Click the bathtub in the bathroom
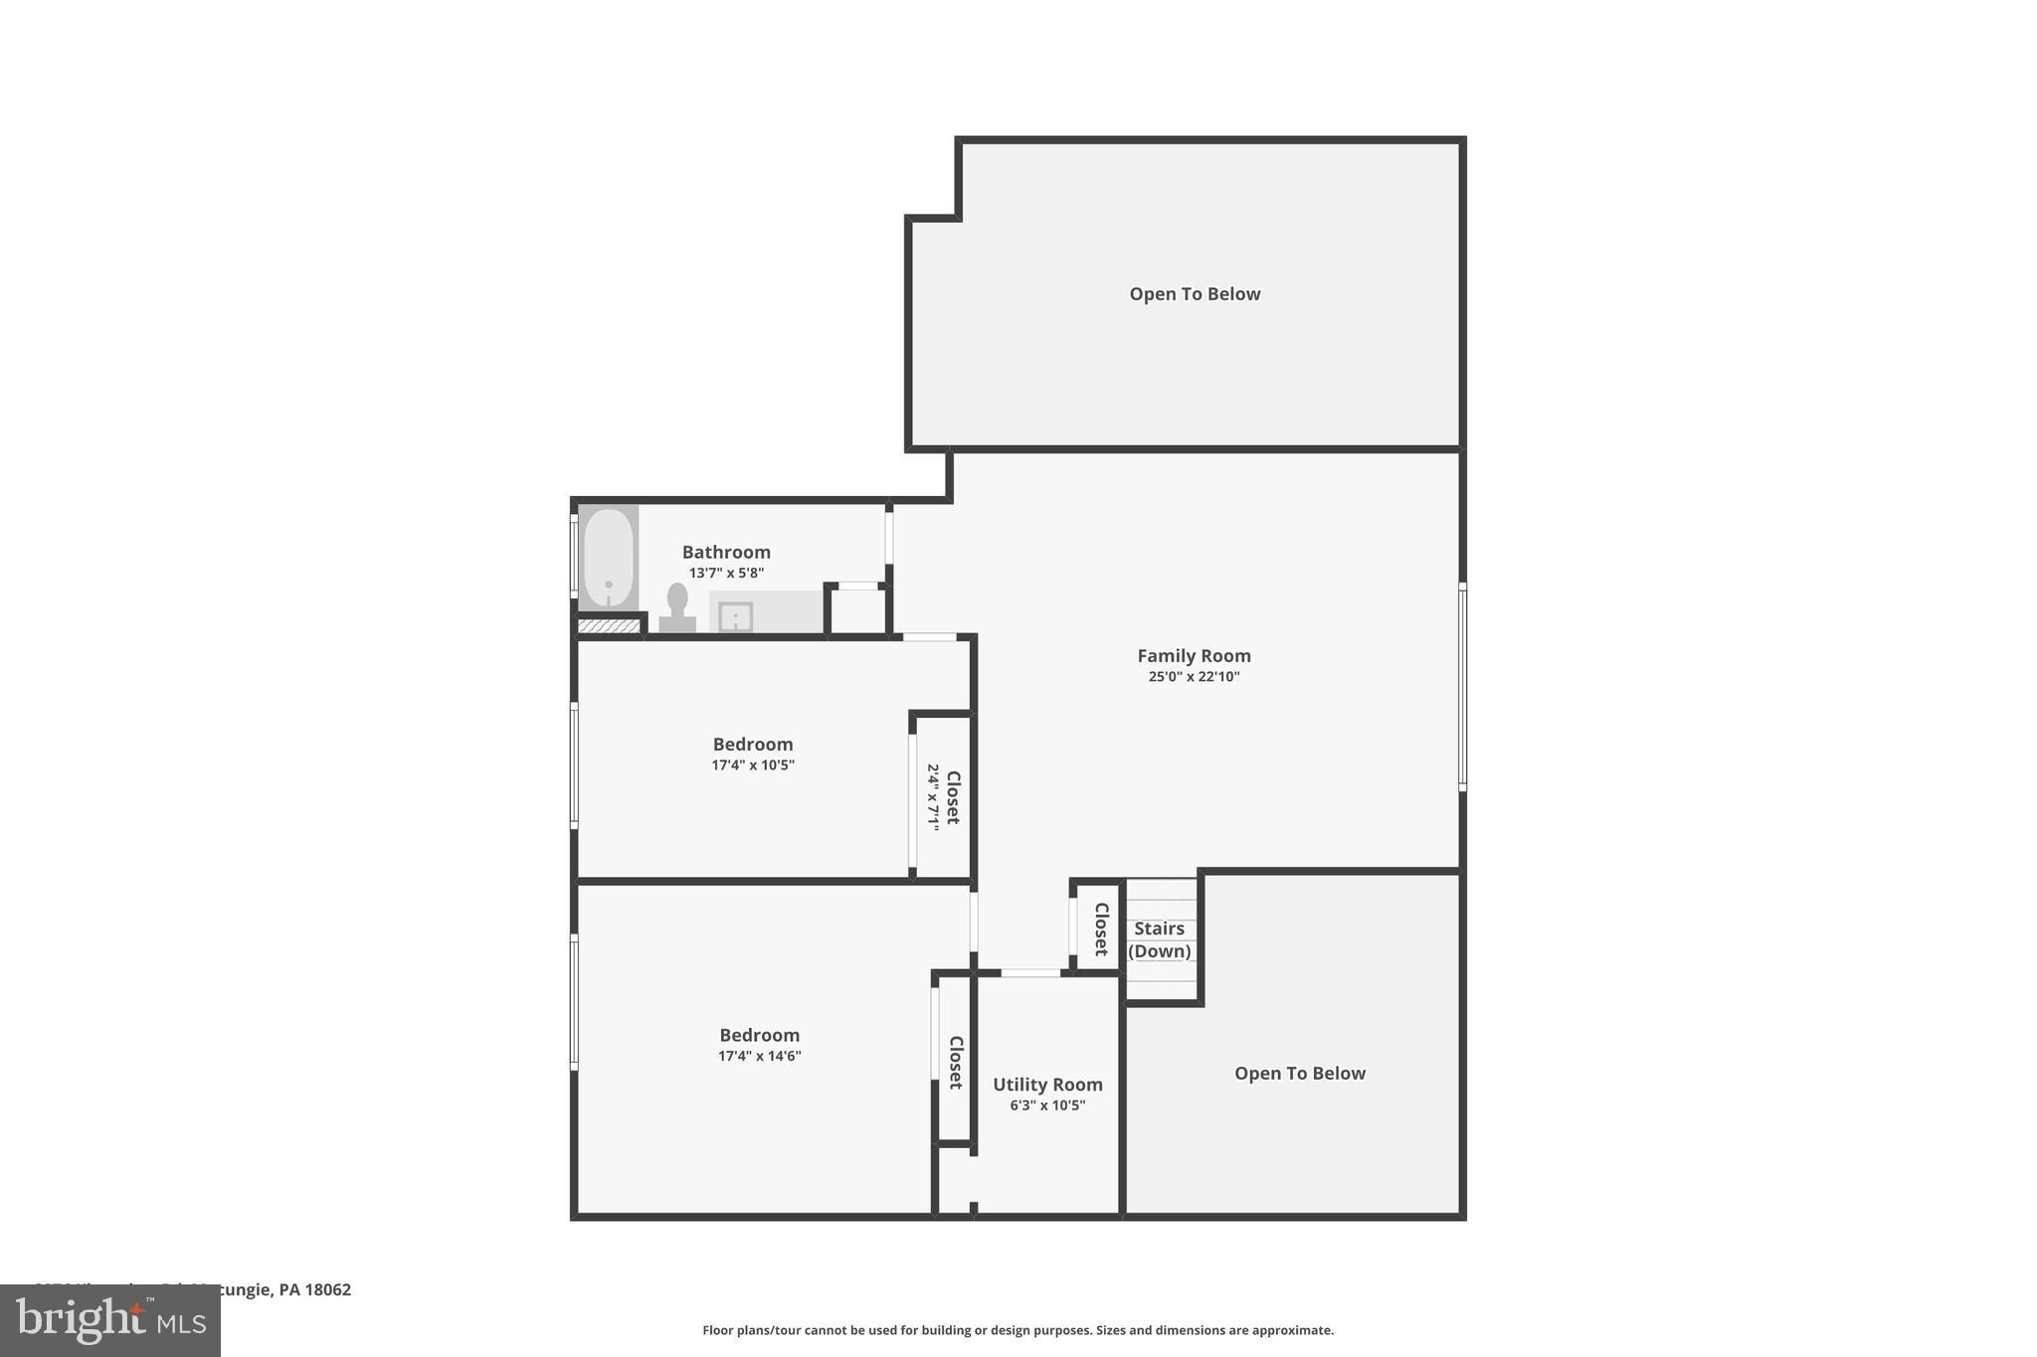tap(608, 558)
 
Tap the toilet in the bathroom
tap(677, 607)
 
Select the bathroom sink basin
tap(735, 616)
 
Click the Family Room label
tap(1194, 655)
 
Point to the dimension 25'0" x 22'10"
tap(1194, 677)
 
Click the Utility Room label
tap(1047, 1085)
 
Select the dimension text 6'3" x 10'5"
tap(1047, 1105)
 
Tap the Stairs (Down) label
tap(1160, 939)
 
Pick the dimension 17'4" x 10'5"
tap(753, 765)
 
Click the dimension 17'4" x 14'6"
tap(759, 1057)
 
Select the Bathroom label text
tap(726, 552)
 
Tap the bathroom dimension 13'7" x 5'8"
tap(726, 574)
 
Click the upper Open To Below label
tap(1195, 294)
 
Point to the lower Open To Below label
tap(1299, 1074)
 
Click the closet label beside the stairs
tap(1101, 929)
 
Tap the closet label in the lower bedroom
tap(956, 1062)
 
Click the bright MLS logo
tap(110, 1321)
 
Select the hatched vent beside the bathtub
tap(609, 626)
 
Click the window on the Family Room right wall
tap(1462, 686)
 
